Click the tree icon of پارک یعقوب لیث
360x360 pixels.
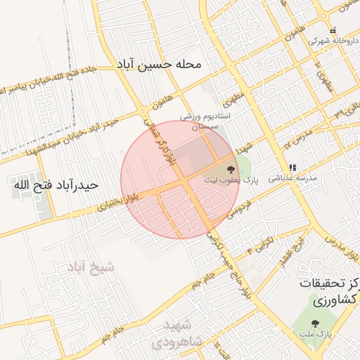[x=231, y=169]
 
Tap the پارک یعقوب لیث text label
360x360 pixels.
[x=231, y=181]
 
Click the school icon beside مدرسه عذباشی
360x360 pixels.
[x=293, y=168]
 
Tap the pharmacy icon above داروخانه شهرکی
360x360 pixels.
[x=333, y=31]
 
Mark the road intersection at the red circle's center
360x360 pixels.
[x=181, y=184]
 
